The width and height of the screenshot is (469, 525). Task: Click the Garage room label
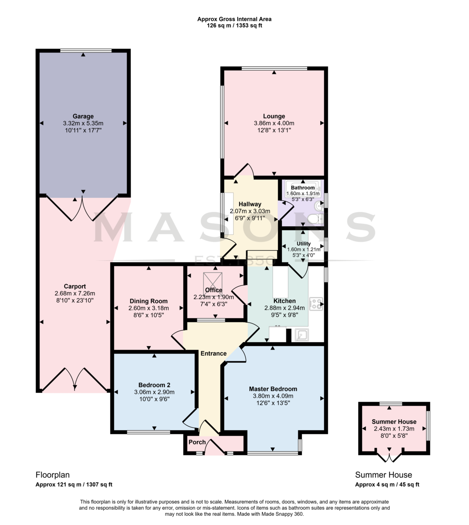point(83,116)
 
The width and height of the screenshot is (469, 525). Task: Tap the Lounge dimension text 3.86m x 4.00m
point(274,123)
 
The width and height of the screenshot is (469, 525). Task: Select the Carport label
point(75,286)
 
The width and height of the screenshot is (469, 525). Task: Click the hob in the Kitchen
point(316,304)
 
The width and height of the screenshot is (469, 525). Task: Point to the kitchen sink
point(301,335)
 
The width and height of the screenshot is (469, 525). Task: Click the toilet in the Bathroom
point(315,219)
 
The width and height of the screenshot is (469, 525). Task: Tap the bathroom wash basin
point(318,206)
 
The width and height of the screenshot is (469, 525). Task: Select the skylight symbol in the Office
point(213,281)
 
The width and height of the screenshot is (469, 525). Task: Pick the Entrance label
point(213,353)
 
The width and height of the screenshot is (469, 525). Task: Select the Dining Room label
point(148,301)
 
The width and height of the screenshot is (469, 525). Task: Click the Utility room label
point(304,244)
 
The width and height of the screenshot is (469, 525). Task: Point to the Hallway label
point(250,204)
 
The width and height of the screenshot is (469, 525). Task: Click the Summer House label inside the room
point(394,422)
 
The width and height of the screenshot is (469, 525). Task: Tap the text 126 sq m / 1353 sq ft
point(234,26)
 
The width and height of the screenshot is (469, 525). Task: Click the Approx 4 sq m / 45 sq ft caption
point(387,485)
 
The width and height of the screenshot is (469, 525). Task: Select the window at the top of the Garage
point(86,50)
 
